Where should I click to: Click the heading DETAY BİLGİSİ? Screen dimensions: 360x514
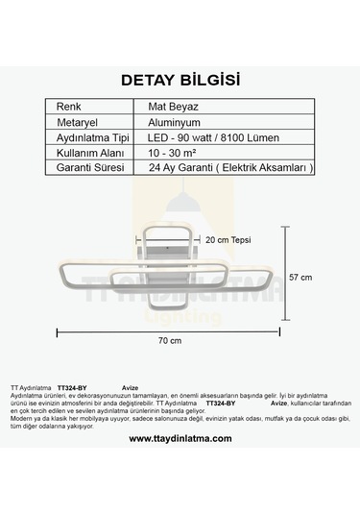click(180, 79)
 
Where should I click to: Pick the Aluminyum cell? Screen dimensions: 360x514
click(173, 122)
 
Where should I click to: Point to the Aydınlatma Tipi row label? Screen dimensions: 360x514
click(92, 137)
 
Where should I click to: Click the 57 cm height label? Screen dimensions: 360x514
click(300, 277)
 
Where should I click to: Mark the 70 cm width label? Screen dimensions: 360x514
click(170, 341)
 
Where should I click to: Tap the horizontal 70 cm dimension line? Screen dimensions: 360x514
click(170, 330)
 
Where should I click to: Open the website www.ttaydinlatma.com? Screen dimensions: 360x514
click(180, 438)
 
